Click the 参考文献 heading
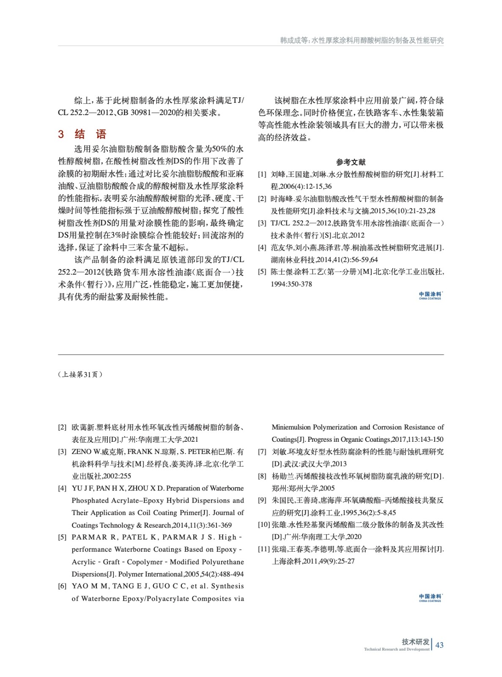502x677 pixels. point(351,162)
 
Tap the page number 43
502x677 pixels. point(439,645)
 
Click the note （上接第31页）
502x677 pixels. point(80,374)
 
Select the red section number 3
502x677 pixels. point(61,135)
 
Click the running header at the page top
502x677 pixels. point(362,40)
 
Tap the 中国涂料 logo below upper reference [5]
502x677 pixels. point(430,295)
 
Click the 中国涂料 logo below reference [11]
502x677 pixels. point(430,597)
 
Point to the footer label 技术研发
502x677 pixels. point(415,641)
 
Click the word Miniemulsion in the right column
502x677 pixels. point(291,427)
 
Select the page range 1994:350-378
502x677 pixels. point(291,284)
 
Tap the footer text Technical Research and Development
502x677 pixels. point(396,649)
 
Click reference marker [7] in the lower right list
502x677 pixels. point(262,452)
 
